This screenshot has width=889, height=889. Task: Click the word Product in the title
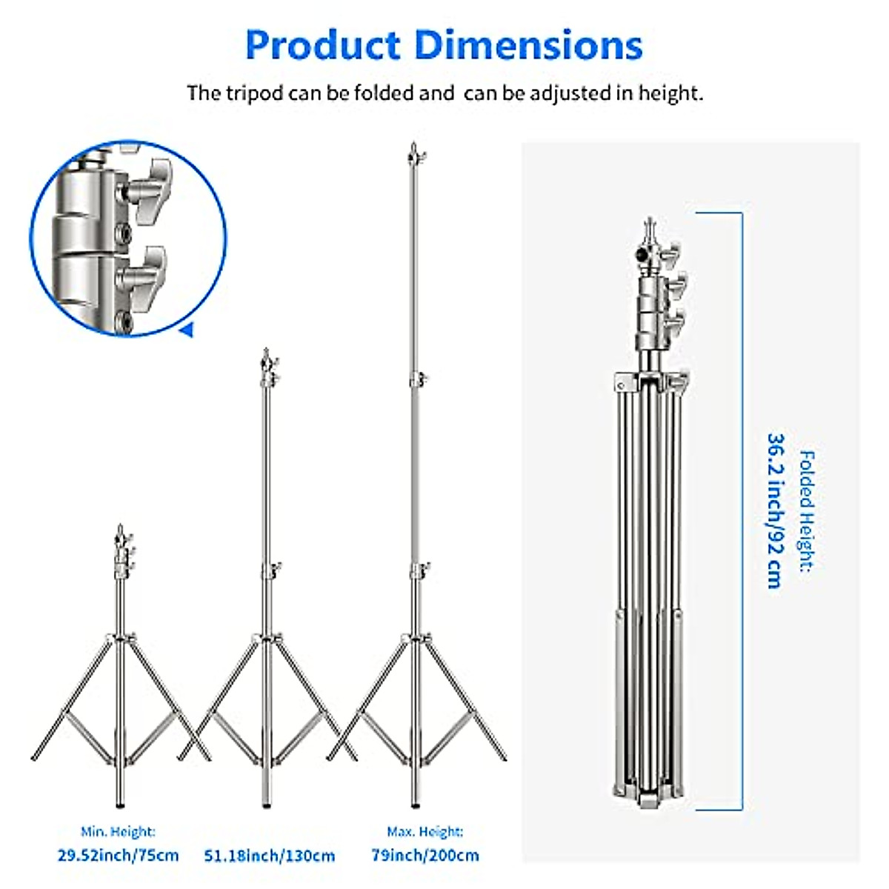pyautogui.click(x=322, y=46)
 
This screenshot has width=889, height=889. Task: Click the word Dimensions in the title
pyautogui.click(x=529, y=44)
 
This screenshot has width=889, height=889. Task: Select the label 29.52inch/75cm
pyautogui.click(x=118, y=856)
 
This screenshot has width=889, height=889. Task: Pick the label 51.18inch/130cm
pyautogui.click(x=270, y=856)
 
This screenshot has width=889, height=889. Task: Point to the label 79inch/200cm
pyautogui.click(x=425, y=856)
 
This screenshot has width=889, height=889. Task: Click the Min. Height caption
pyautogui.click(x=118, y=831)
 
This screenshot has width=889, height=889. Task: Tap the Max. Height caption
pyautogui.click(x=425, y=831)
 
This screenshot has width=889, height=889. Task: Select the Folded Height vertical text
pyautogui.click(x=808, y=512)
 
